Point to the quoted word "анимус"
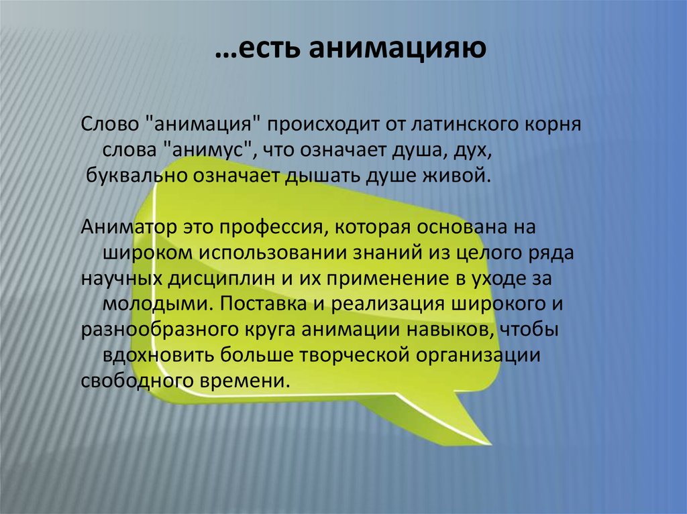[x=207, y=151]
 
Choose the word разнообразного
[x=152, y=329]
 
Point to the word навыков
[x=463, y=329]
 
